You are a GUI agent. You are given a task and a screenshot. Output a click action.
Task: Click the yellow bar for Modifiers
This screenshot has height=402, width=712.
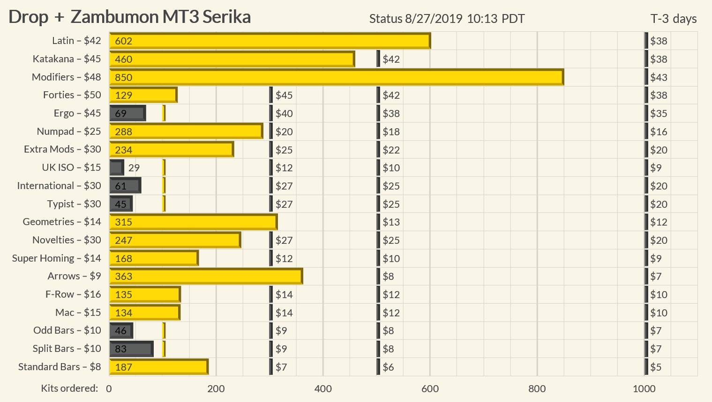336,77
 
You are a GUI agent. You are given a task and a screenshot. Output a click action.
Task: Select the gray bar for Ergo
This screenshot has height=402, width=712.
127,113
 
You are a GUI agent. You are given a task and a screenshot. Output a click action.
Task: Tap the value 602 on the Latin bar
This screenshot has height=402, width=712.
124,41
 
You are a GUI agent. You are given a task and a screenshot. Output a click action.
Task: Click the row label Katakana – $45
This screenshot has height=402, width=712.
67,59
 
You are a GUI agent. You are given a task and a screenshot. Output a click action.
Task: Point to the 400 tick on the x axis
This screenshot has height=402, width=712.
323,388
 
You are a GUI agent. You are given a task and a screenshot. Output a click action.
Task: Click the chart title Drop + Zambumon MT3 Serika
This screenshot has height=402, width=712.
130,17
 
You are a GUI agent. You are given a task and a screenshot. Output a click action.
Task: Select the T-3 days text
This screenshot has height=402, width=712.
673,19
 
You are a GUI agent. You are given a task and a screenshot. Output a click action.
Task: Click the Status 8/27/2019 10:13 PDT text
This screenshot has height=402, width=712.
447,19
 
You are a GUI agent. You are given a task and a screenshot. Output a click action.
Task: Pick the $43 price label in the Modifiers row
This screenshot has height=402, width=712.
659,77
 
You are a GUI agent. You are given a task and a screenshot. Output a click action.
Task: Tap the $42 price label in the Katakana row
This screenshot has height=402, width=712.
391,59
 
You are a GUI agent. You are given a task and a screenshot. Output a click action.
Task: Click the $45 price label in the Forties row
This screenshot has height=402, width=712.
284,95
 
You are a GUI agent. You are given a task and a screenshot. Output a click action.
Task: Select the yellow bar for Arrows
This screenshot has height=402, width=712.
206,276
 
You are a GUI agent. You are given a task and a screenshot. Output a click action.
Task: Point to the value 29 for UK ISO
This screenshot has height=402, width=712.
134,168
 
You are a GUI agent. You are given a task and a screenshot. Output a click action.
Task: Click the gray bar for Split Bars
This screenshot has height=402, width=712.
131,349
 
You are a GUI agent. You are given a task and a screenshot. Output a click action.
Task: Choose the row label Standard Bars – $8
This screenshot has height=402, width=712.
60,367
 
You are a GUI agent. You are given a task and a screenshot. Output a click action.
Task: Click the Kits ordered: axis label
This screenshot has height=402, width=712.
69,388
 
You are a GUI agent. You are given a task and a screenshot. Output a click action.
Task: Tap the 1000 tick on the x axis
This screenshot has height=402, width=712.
644,388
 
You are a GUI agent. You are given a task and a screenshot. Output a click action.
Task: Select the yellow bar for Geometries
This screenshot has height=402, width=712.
193,222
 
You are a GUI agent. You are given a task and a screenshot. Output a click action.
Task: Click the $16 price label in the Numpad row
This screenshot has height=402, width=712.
659,132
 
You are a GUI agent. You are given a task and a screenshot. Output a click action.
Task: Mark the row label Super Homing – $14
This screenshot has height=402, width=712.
56,258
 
